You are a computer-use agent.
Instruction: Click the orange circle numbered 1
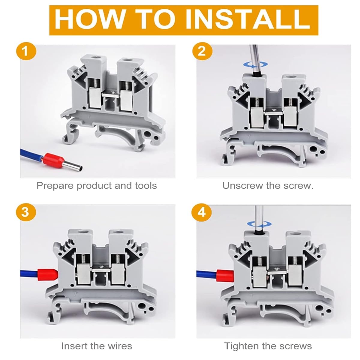(26, 51)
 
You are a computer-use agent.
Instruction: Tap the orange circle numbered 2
(202, 51)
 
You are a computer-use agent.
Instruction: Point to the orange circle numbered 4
(202, 212)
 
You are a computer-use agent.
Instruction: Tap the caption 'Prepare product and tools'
(97, 186)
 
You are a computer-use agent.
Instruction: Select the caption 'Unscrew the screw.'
(268, 186)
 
